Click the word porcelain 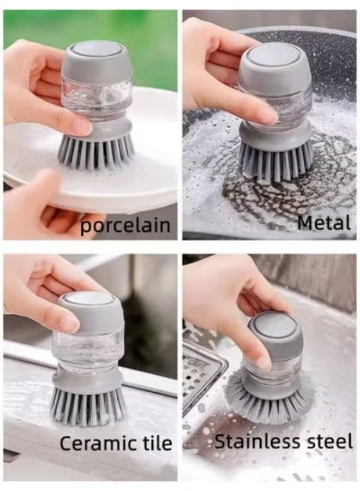[x=125, y=225]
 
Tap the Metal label [x=324, y=223]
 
